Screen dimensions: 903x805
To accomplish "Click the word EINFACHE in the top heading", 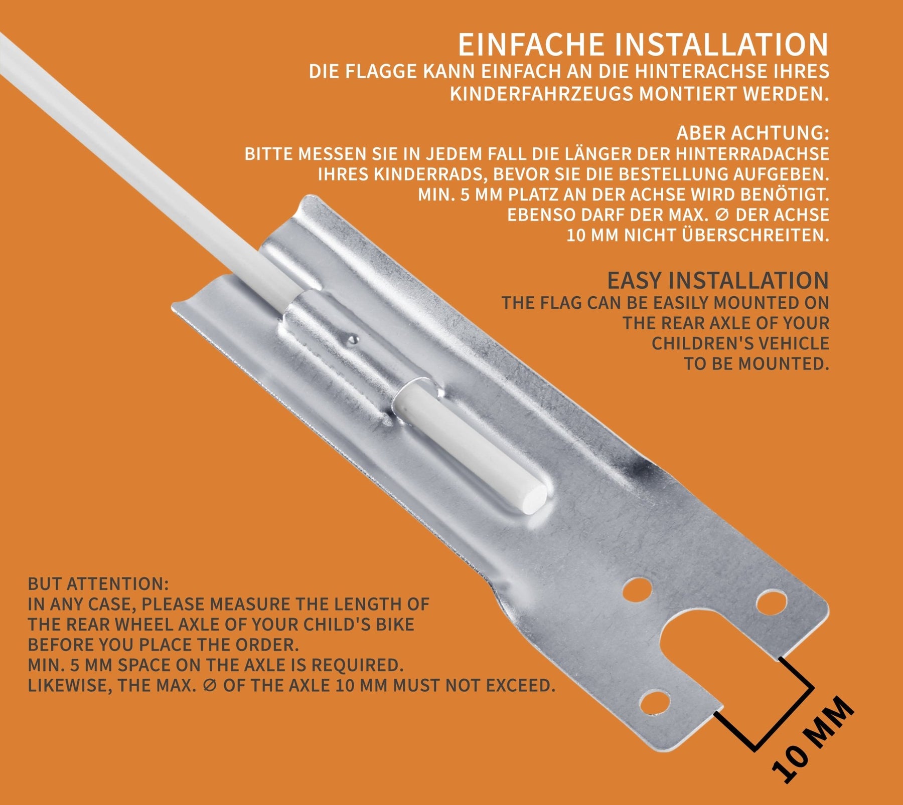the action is [531, 45].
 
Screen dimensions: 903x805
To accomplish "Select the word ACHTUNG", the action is [777, 133].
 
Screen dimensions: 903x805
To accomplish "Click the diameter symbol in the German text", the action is [721, 215].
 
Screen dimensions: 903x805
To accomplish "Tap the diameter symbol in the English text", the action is [211, 685].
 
